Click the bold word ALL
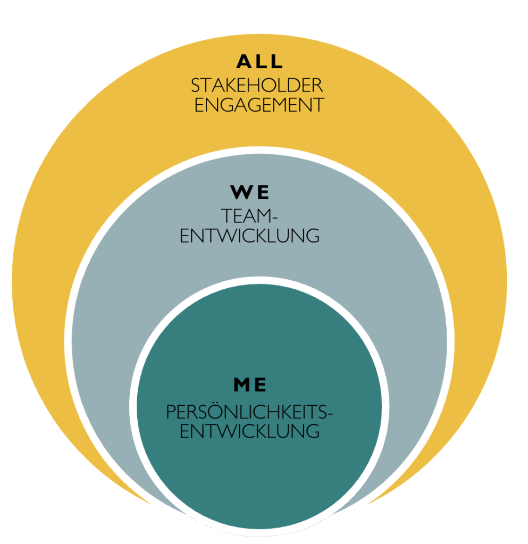[x=259, y=62]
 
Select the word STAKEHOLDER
[x=257, y=86]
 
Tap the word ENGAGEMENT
[x=259, y=105]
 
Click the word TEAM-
[x=249, y=216]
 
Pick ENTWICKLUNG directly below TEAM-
[x=249, y=236]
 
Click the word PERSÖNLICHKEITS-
[x=249, y=413]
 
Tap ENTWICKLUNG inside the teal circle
[x=249, y=431]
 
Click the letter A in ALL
[x=244, y=62]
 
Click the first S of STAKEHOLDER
[x=195, y=86]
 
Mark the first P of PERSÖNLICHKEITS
[x=171, y=413]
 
